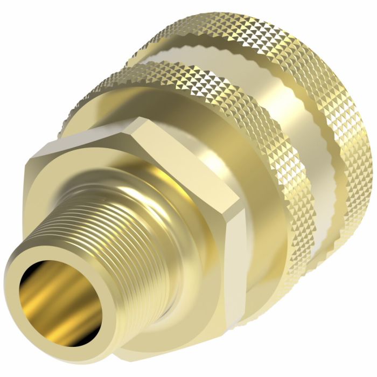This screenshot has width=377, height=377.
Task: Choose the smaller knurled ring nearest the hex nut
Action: [x=259, y=140]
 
